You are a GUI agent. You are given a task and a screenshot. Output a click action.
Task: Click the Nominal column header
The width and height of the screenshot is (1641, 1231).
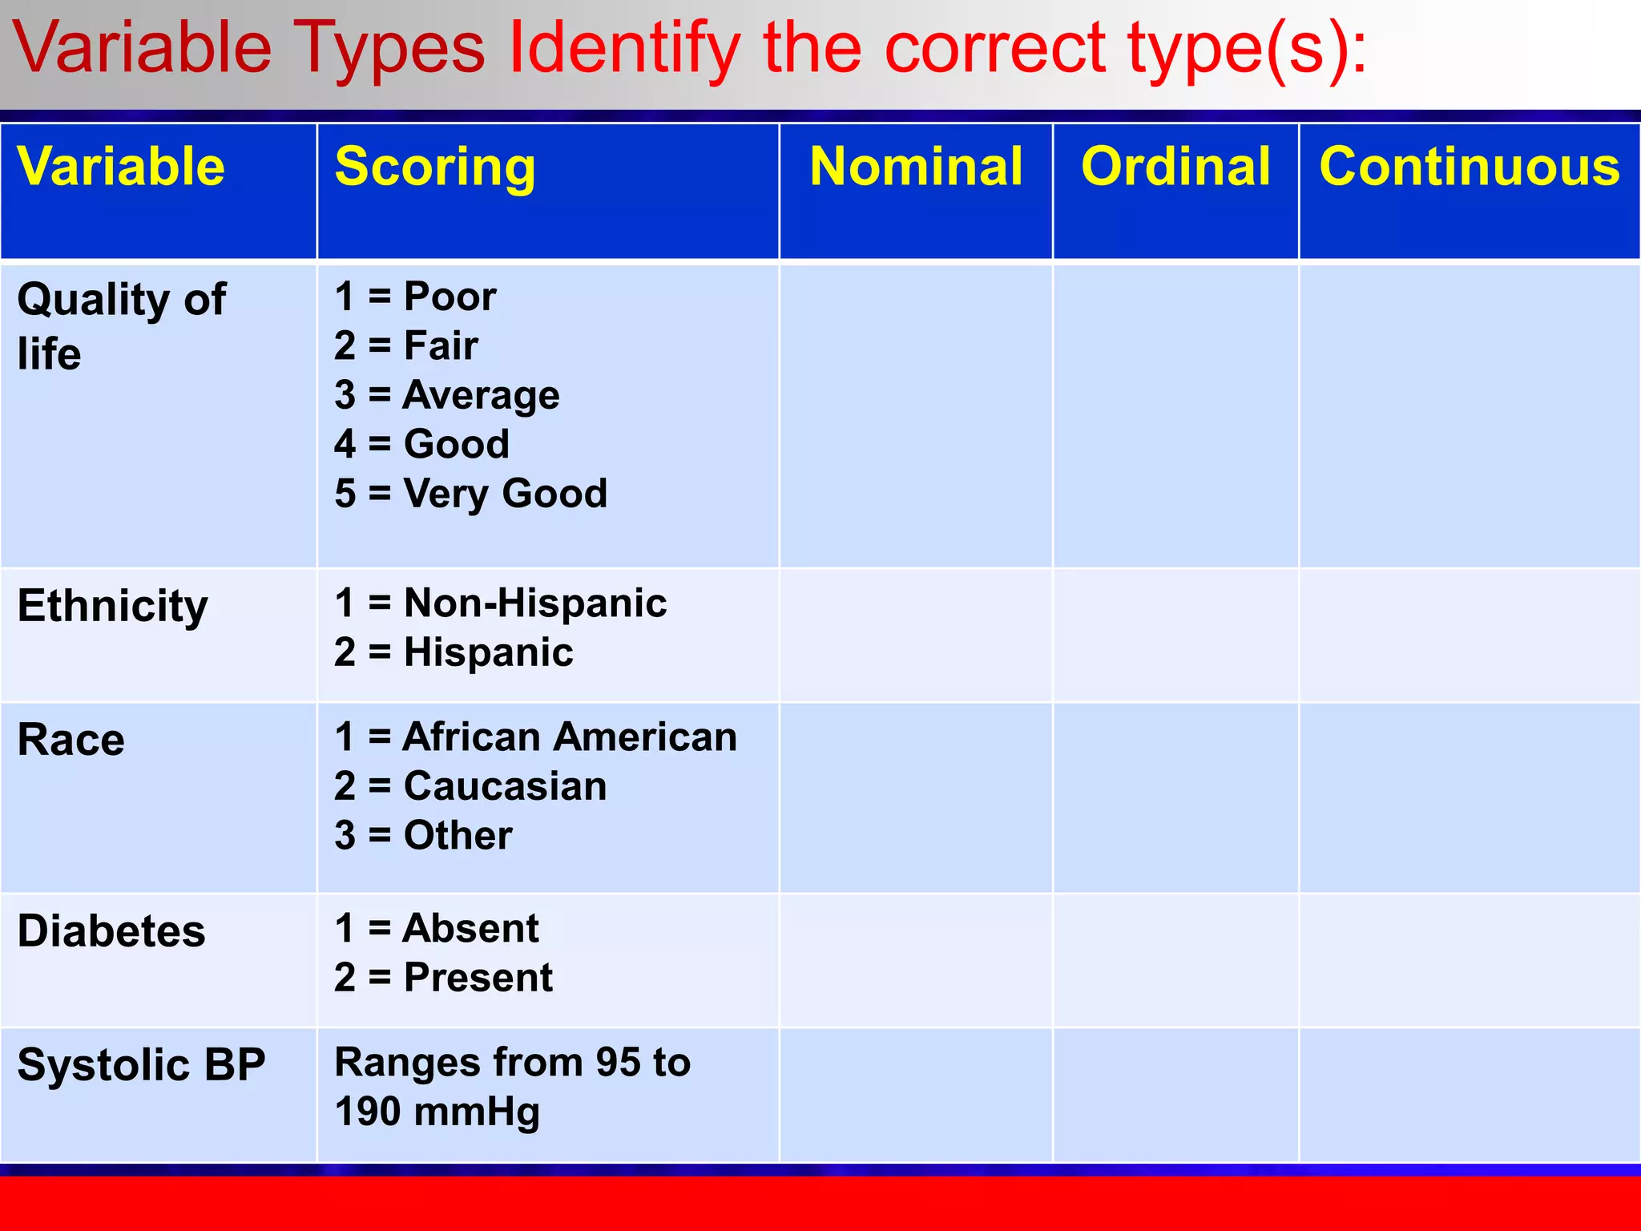click(916, 167)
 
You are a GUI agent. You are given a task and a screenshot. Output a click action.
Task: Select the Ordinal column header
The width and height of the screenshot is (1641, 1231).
click(1175, 167)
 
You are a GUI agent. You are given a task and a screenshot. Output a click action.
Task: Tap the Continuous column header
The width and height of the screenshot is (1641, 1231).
click(1470, 167)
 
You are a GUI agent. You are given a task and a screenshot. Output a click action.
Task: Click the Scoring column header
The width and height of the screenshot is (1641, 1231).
click(435, 167)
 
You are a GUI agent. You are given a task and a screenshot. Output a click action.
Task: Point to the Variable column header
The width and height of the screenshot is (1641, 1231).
click(121, 167)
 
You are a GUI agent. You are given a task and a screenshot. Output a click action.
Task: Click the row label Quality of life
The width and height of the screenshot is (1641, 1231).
click(121, 326)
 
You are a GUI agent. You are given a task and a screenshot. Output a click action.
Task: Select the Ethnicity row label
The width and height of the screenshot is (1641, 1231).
click(113, 606)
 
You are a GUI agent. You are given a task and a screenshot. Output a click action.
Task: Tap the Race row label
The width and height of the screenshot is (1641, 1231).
click(71, 740)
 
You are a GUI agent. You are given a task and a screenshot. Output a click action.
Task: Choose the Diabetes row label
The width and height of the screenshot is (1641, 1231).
click(111, 931)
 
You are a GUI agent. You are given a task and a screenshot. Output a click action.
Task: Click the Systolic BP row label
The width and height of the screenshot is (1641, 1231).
click(141, 1065)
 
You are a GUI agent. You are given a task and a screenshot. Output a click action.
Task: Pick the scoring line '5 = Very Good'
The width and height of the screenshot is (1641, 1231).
click(471, 493)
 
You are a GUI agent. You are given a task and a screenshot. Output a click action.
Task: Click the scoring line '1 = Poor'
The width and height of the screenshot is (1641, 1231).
click(415, 297)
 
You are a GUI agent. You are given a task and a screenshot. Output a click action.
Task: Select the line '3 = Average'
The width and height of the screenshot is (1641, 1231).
click(447, 395)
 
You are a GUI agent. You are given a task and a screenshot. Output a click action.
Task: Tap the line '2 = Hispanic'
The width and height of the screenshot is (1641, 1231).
click(454, 652)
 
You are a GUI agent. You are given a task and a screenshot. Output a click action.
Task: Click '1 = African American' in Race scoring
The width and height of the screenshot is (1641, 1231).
click(535, 737)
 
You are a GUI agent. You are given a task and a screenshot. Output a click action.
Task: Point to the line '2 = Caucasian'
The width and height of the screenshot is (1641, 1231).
click(470, 786)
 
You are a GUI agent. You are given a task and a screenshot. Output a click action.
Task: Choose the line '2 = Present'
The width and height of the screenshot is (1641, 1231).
click(443, 978)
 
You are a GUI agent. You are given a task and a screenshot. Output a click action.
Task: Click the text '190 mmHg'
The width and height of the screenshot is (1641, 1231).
click(437, 1112)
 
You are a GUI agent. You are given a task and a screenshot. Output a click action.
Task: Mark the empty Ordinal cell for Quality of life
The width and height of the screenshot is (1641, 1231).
click(1175, 415)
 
